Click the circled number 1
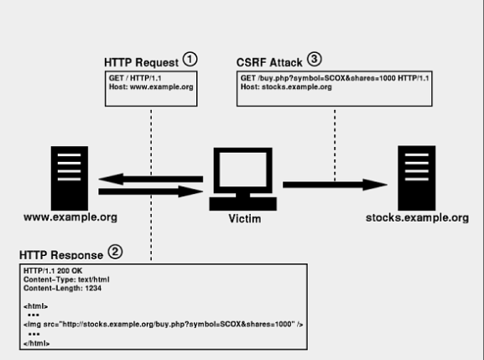click(190, 59)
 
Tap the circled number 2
click(115, 252)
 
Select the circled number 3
click(315, 59)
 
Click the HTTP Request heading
click(141, 62)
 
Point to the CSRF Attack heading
click(269, 62)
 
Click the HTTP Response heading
click(61, 255)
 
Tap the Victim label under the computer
click(245, 218)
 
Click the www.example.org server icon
click(70, 178)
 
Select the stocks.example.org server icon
click(417, 178)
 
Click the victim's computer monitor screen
click(243, 170)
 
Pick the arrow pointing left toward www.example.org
click(151, 179)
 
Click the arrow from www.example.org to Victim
click(151, 191)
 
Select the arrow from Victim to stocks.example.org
click(335, 185)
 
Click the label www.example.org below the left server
click(70, 217)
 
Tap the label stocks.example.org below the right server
click(418, 217)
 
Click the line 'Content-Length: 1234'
click(62, 288)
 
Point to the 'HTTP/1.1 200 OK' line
click(53, 271)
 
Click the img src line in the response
click(164, 324)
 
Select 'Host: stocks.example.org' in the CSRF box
click(286, 86)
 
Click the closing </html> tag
click(36, 343)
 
